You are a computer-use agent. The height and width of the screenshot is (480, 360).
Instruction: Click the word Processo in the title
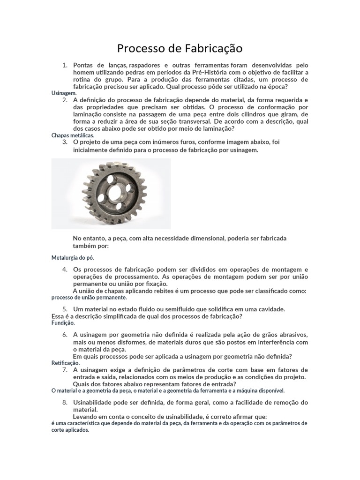click(x=138, y=48)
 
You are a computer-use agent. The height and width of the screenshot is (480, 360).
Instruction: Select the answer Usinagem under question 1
click(x=64, y=93)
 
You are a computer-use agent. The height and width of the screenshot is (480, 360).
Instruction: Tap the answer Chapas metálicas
click(x=73, y=135)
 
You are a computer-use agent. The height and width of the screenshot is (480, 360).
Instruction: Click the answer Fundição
click(x=63, y=322)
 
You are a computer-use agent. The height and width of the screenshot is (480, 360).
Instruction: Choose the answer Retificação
click(x=66, y=363)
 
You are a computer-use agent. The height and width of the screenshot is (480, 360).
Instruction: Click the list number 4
click(x=65, y=270)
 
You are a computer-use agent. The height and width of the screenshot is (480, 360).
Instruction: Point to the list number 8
click(x=65, y=403)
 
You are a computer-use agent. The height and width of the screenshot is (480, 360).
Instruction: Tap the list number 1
click(x=65, y=65)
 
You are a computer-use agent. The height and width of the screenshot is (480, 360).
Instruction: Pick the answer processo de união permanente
click(x=89, y=297)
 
